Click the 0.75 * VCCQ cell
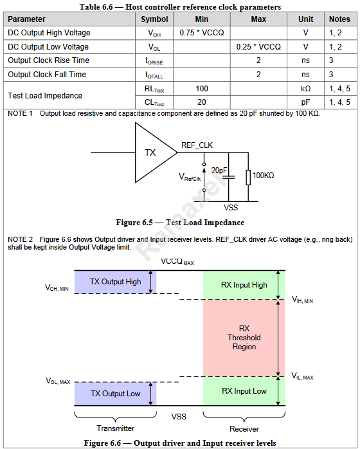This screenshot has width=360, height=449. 202,33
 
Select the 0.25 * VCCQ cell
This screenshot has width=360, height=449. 258,47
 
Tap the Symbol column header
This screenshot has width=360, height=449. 154,19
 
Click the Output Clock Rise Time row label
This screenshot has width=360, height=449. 49,60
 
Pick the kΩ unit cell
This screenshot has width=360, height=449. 305,89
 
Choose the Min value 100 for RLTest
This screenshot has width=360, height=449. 202,89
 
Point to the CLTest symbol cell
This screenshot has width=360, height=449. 154,102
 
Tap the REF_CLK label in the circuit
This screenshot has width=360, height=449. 197,145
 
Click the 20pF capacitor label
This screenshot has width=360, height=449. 219,170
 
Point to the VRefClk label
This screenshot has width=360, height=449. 190,177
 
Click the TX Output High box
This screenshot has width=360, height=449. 115,282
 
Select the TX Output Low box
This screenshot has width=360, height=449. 115,394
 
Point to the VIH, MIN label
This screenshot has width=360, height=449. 302,300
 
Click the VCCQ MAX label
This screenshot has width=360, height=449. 177,262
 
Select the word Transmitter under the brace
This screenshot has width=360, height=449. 116,428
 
